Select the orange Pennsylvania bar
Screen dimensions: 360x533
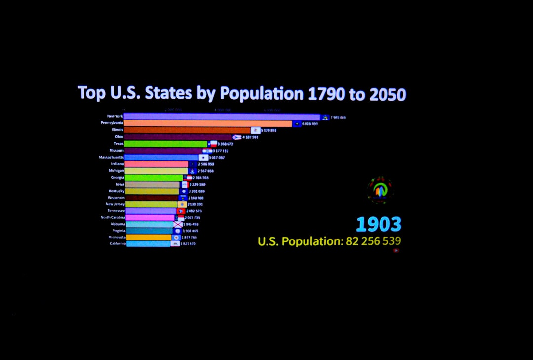click(x=207, y=124)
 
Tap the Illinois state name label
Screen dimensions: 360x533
click(x=117, y=130)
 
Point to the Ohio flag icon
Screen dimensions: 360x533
click(x=236, y=137)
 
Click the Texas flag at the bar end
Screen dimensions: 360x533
click(x=213, y=144)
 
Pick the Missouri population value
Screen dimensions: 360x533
click(x=221, y=151)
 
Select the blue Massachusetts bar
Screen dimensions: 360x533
click(x=161, y=157)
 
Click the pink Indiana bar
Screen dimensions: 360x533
click(x=156, y=164)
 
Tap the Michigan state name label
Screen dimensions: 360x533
click(x=116, y=170)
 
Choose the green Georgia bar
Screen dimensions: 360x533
click(x=153, y=177)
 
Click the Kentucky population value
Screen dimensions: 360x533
click(x=196, y=191)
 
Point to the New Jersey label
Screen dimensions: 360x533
click(x=115, y=204)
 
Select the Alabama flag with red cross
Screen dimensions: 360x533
click(x=178, y=224)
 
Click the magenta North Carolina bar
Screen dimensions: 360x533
click(x=150, y=217)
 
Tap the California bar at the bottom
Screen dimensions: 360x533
click(x=148, y=244)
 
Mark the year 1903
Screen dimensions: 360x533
click(x=379, y=225)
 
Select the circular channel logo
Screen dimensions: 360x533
click(x=380, y=191)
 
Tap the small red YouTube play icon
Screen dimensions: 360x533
click(x=396, y=250)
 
